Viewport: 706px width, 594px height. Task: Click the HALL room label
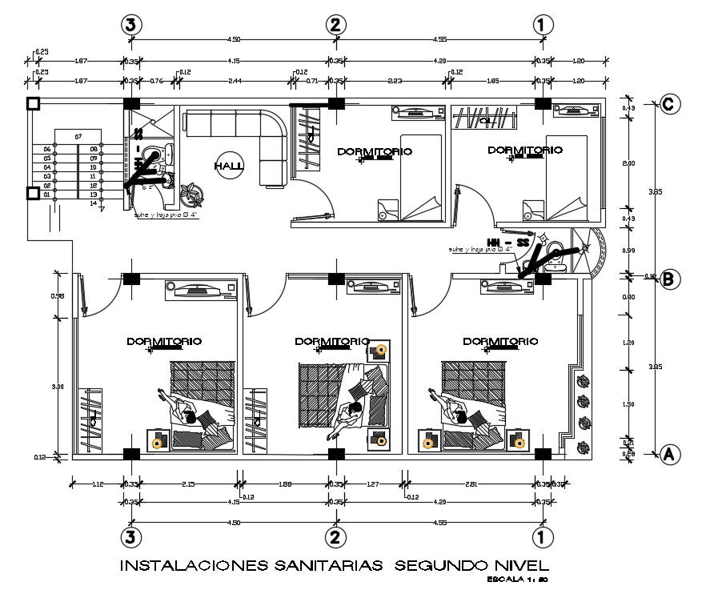(x=229, y=166)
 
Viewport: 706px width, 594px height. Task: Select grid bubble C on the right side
(x=670, y=104)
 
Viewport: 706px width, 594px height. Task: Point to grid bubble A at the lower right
(x=670, y=454)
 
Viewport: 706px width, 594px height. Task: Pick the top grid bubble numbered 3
(x=131, y=25)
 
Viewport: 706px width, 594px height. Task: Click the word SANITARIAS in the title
(x=320, y=566)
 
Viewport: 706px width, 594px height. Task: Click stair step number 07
(x=78, y=138)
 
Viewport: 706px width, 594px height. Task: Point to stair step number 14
(x=94, y=203)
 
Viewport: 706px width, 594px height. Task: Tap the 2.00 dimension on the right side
(x=628, y=163)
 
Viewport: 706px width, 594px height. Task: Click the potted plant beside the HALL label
(x=192, y=193)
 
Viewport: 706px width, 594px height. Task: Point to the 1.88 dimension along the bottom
(x=286, y=484)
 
